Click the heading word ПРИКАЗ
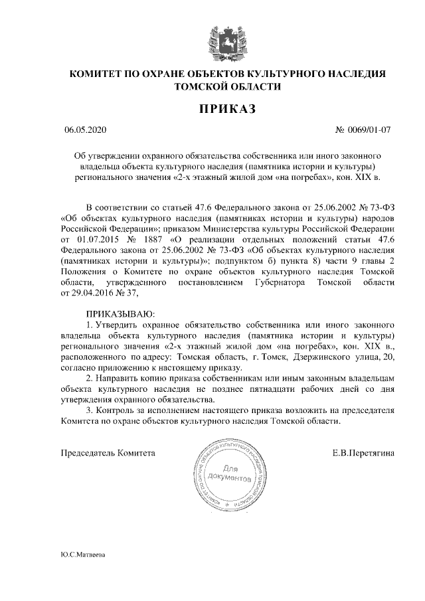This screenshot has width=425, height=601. (222, 108)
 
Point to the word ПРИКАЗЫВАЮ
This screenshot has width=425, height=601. (120, 311)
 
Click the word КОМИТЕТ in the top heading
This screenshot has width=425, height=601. (96, 74)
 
